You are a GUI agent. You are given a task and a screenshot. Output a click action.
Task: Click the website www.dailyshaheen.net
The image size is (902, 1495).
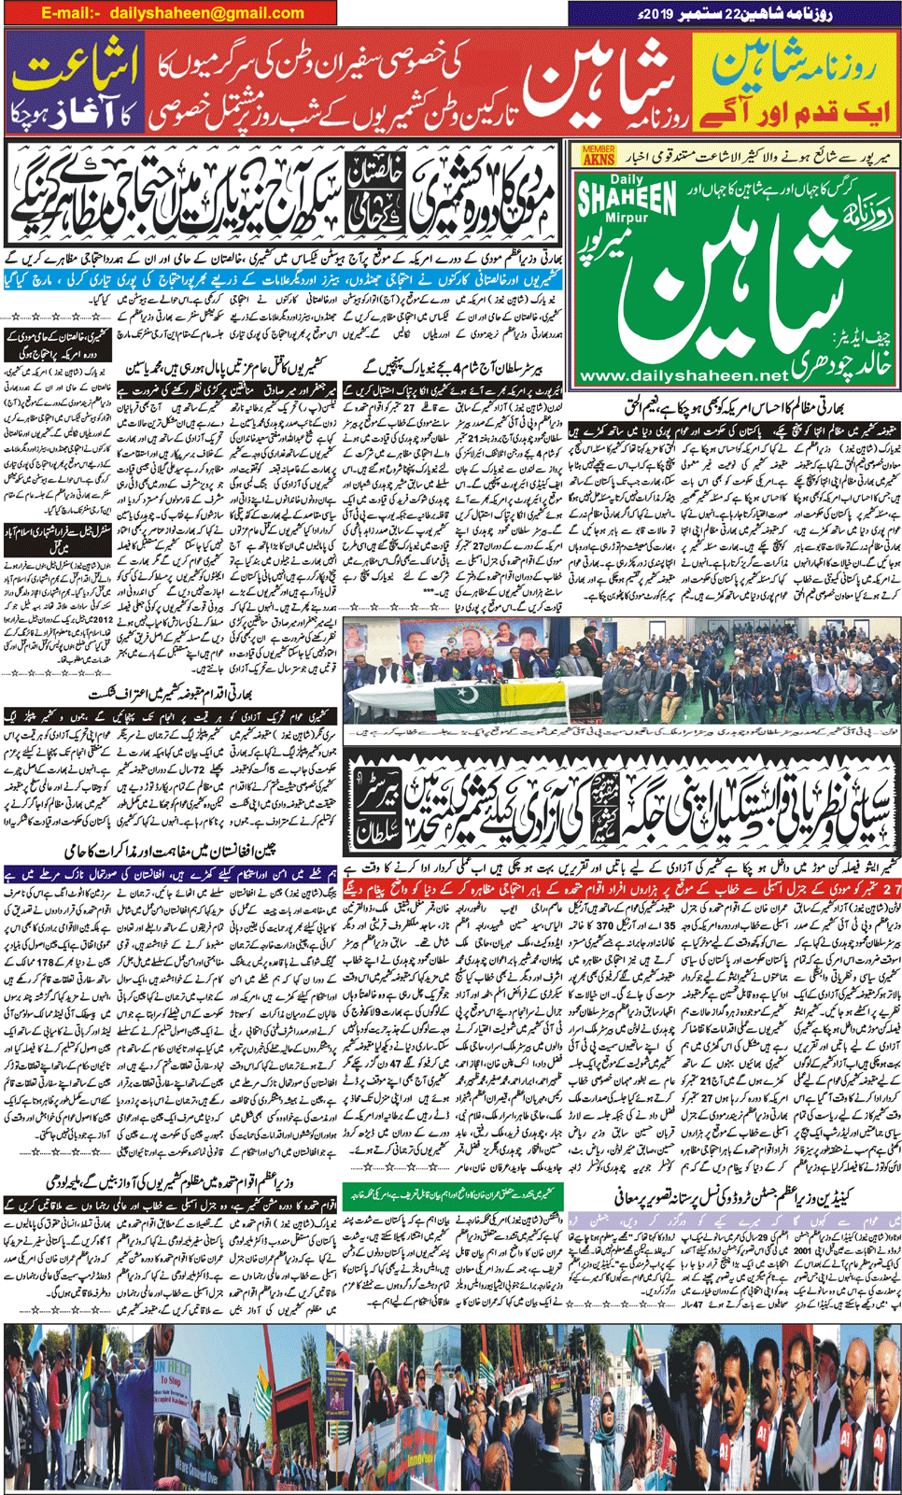(x=684, y=375)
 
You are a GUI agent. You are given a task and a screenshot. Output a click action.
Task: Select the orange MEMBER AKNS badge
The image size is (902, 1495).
(x=598, y=155)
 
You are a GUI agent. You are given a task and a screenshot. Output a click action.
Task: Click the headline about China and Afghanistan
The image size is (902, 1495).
(x=171, y=852)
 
